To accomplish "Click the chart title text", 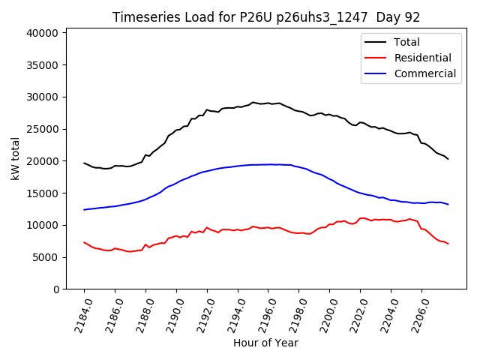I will [266, 17].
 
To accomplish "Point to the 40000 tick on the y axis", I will [43, 33].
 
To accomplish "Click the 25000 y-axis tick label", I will [43, 129].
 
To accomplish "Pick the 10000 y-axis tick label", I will [43, 225].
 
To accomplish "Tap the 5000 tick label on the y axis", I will [46, 257].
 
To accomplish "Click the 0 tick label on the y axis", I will [56, 289].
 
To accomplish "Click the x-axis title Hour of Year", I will [265, 343].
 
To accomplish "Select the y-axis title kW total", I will [16, 158].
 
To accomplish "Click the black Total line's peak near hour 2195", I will [253, 102].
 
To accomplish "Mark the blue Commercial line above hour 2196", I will [268, 164].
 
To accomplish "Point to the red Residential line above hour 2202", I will [361, 218].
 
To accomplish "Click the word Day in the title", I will [382, 17].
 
